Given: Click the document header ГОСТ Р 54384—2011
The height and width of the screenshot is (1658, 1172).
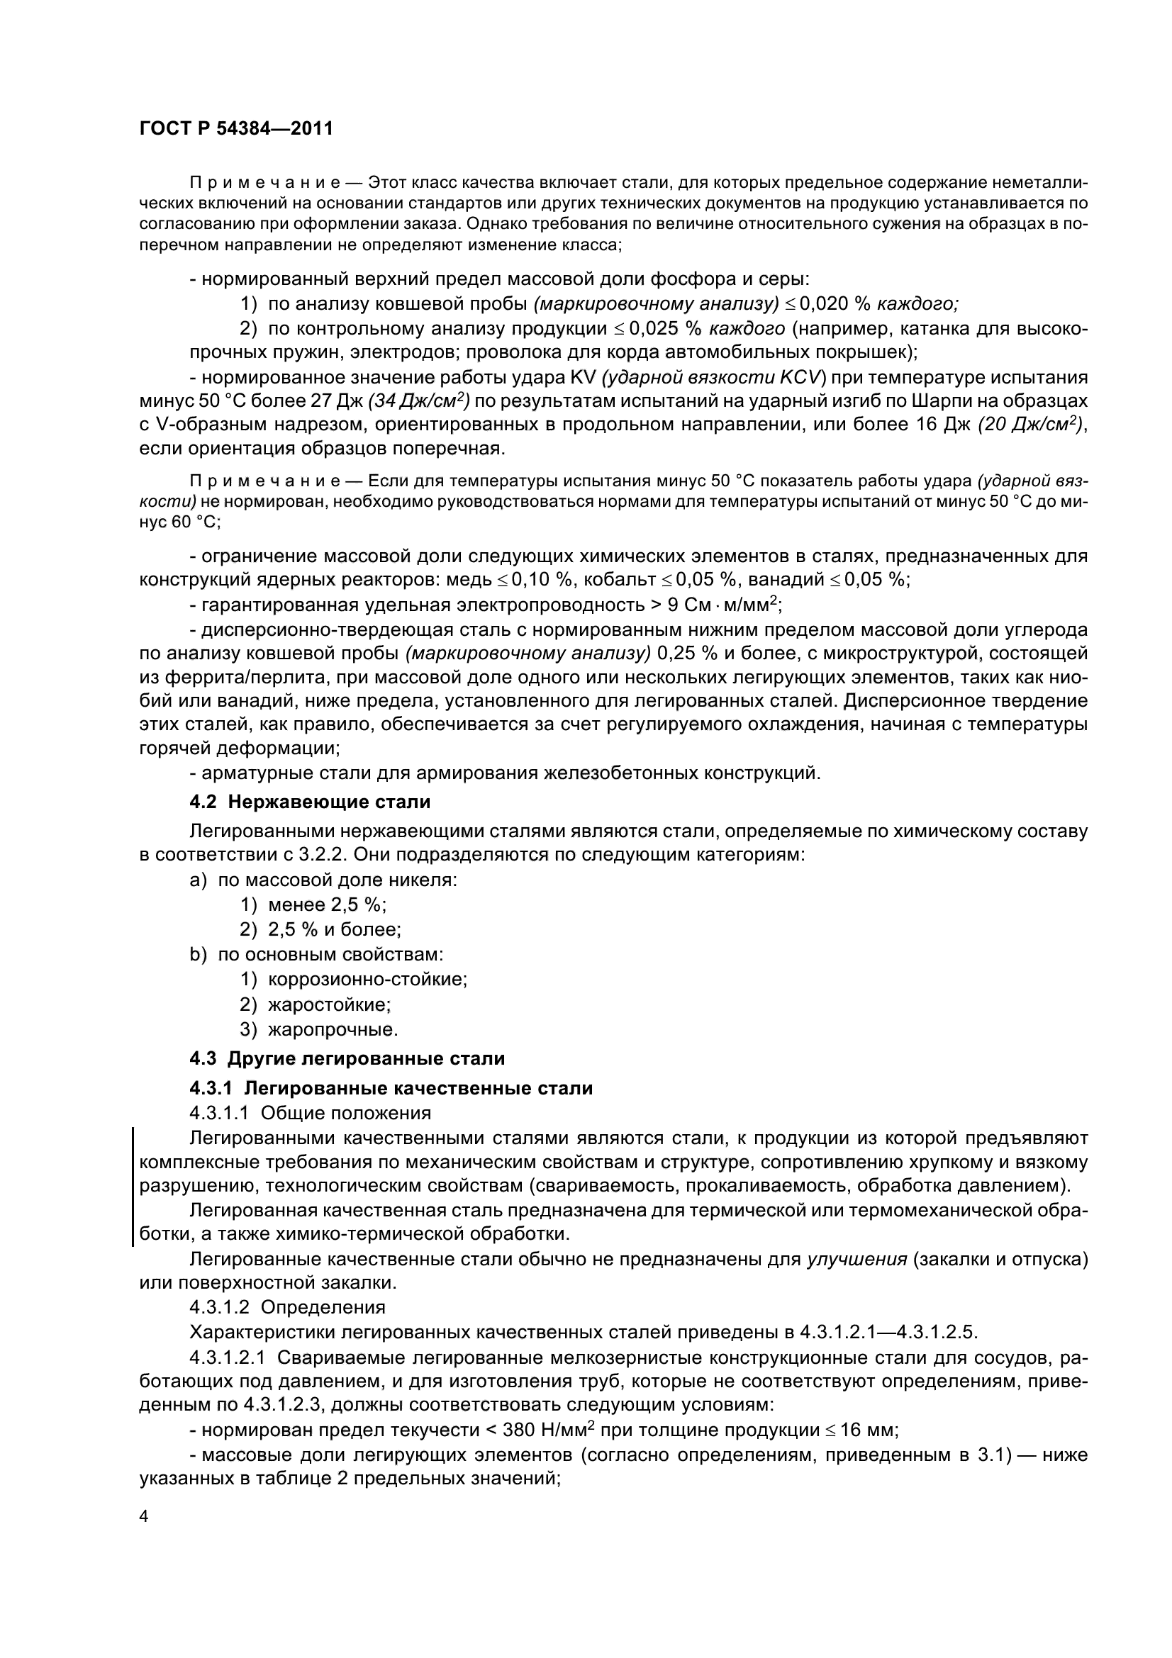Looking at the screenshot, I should point(235,129).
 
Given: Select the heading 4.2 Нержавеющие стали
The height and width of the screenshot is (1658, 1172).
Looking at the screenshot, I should point(310,802).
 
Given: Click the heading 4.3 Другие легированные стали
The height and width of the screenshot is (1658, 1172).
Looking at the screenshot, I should point(347,1058).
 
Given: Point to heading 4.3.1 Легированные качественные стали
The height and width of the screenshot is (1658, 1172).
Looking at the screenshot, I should point(391,1088).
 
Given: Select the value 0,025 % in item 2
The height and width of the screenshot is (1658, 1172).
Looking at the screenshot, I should point(665,329).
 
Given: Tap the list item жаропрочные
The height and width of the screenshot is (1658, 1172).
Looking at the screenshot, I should point(333,1029).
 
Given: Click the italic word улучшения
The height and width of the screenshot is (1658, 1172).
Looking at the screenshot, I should point(856,1260).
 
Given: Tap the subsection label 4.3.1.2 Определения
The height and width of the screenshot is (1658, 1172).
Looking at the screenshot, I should point(286,1308).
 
